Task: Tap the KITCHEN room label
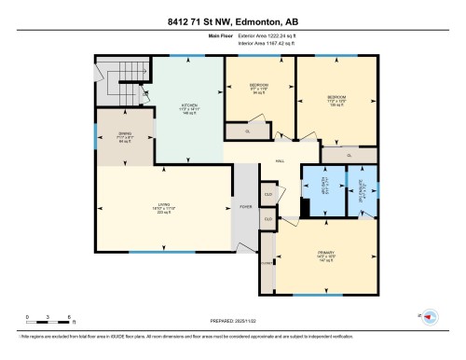click(x=189, y=107)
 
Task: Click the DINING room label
click(x=124, y=137)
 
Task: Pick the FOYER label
click(x=246, y=206)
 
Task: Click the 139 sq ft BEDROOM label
click(x=336, y=100)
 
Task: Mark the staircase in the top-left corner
click(x=120, y=83)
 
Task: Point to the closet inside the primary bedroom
click(x=268, y=264)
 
